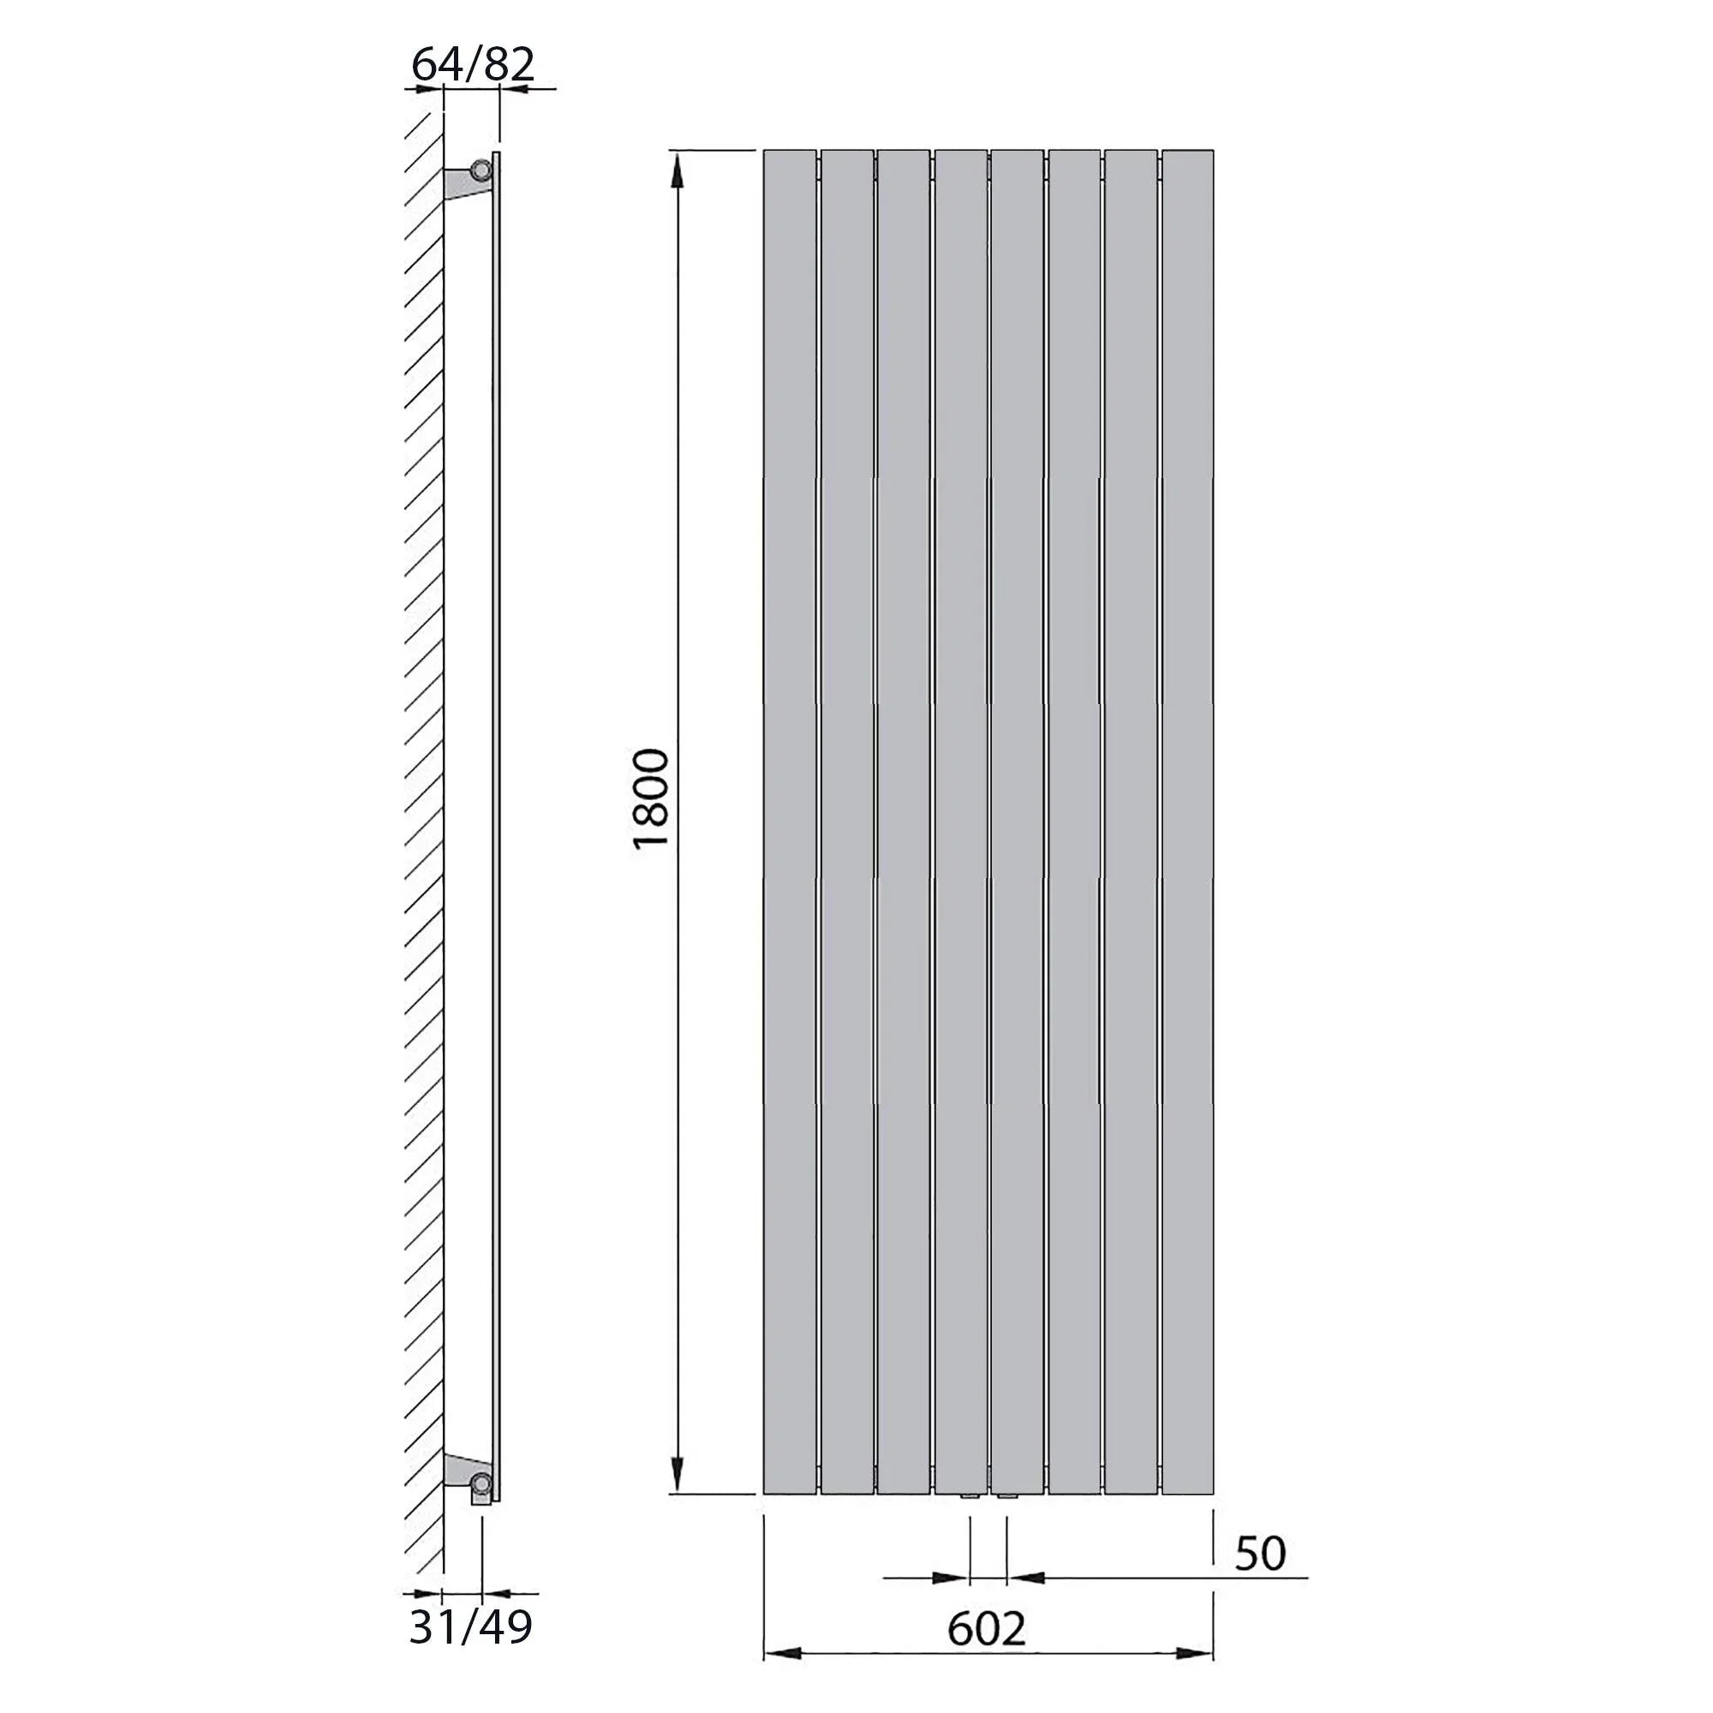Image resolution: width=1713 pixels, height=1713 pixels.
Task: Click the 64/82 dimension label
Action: pos(474,65)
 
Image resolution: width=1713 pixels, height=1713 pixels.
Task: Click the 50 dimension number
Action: pos(1260,1553)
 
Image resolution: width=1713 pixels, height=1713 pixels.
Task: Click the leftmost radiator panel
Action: pos(789,822)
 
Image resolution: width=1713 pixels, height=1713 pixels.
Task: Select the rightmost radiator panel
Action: pos(1187,822)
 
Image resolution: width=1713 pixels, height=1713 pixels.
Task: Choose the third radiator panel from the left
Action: pos(904,822)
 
